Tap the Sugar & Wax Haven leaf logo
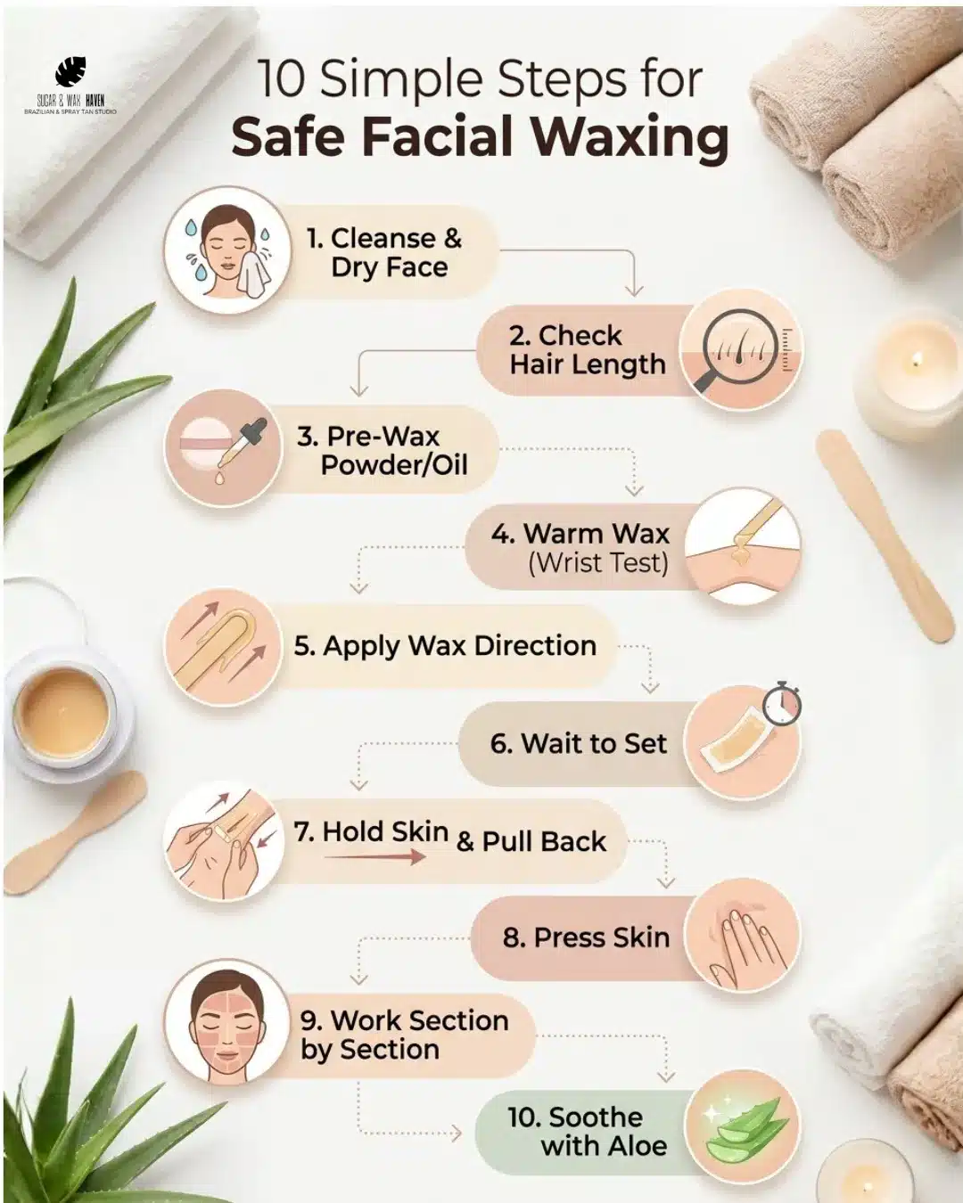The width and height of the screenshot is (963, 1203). click(70, 72)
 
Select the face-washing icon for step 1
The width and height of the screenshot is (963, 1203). click(228, 250)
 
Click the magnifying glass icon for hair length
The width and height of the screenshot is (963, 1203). click(732, 353)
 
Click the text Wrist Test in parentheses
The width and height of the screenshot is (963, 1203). click(598, 563)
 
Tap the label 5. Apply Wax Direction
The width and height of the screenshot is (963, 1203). click(445, 646)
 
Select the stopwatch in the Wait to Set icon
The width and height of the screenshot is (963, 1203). click(782, 703)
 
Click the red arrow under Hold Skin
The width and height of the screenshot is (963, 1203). click(374, 856)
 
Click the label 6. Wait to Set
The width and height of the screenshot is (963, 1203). click(578, 743)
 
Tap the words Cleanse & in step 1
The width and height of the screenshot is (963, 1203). click(395, 238)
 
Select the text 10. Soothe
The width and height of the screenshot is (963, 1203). click(574, 1117)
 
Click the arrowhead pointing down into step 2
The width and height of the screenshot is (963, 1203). click(634, 290)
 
